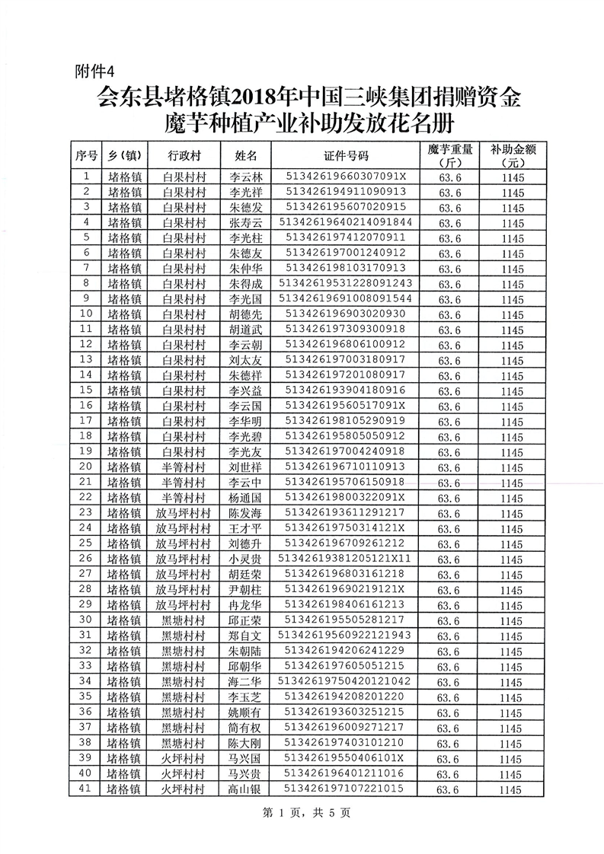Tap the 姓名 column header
(x=246, y=156)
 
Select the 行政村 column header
(x=184, y=156)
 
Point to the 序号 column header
(x=85, y=156)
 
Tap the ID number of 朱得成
(x=346, y=283)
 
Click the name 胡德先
(x=245, y=314)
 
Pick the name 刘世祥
(x=245, y=467)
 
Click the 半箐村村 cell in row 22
(x=184, y=498)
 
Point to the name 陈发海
(x=245, y=513)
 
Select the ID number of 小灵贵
(x=346, y=559)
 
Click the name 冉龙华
(x=245, y=604)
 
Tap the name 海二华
(x=245, y=681)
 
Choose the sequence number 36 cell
(x=85, y=712)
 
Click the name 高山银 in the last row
(x=245, y=789)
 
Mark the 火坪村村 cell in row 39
(x=184, y=759)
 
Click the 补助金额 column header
(x=510, y=156)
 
